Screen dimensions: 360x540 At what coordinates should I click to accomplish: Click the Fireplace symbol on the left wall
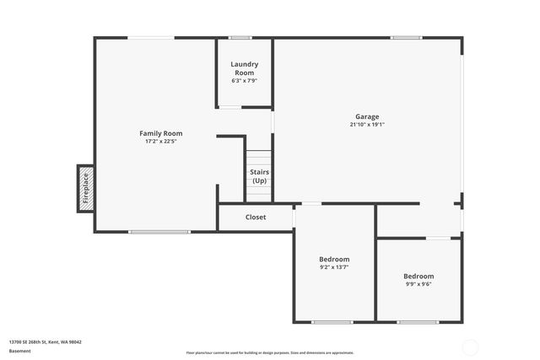85,188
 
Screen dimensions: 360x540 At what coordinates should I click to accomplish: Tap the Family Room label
160,133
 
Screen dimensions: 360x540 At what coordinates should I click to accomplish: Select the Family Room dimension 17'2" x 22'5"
160,142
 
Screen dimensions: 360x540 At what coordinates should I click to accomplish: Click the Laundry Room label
245,68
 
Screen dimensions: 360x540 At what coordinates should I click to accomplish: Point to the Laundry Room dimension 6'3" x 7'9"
245,81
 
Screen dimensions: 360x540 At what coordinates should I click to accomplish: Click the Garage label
366,116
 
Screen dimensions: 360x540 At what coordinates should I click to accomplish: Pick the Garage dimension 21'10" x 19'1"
366,125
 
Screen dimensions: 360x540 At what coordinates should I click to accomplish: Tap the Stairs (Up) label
259,176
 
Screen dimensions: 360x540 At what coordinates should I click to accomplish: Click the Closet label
256,217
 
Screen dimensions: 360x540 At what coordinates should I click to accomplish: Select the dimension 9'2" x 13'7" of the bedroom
334,267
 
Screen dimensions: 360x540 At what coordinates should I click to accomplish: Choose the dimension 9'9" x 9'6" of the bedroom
418,284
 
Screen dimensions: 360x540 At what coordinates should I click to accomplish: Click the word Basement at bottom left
20,350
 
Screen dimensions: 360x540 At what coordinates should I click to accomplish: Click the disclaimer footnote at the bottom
269,352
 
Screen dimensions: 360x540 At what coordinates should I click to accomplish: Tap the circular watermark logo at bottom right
470,347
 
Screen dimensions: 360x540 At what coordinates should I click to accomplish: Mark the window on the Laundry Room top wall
240,37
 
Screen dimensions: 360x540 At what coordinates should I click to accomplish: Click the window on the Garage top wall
406,37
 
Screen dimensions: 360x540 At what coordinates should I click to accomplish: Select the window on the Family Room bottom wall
159,231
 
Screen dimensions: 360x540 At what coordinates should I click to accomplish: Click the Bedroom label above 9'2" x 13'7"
334,259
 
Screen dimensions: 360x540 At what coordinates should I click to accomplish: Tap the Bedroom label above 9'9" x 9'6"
418,276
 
